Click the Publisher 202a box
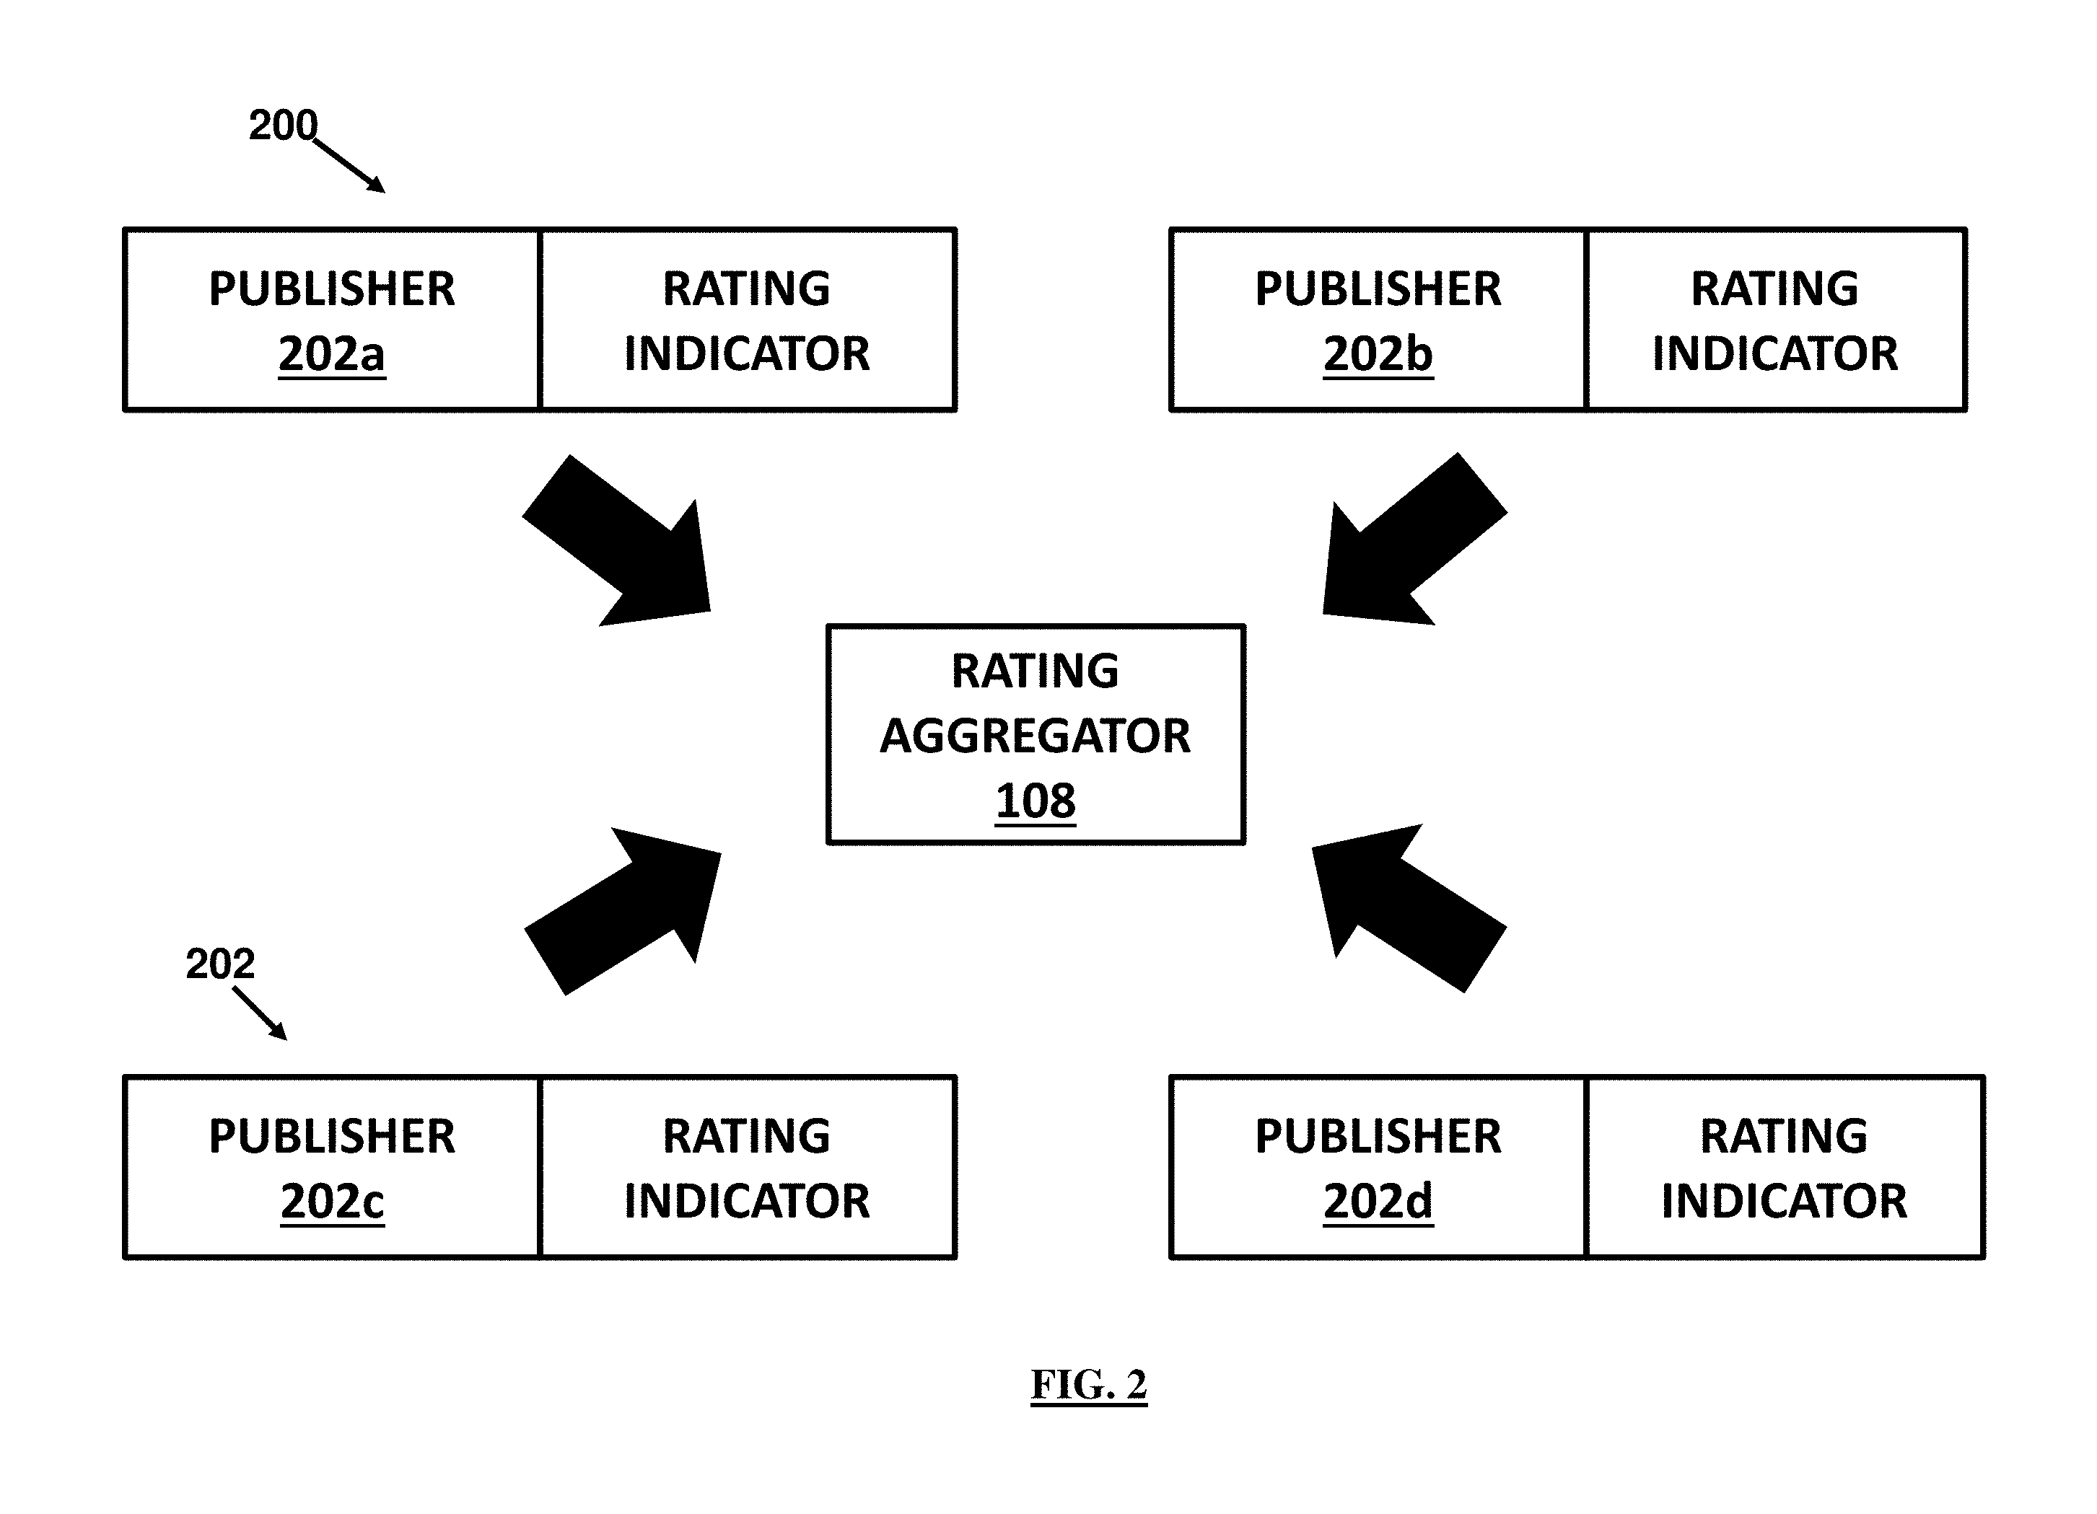(x=332, y=320)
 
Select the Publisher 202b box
(x=1378, y=320)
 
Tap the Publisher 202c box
(x=332, y=1167)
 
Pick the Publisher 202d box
(x=1378, y=1167)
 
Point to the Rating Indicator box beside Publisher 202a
(x=747, y=320)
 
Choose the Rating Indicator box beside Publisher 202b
(x=1775, y=320)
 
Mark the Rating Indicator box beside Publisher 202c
(x=747, y=1167)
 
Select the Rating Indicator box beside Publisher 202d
(x=1785, y=1167)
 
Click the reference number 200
(x=283, y=125)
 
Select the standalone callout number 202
(x=220, y=964)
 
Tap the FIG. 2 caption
(x=1089, y=1385)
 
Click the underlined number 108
(x=1036, y=801)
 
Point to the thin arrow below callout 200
(x=349, y=167)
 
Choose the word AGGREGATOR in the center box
(x=1036, y=736)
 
